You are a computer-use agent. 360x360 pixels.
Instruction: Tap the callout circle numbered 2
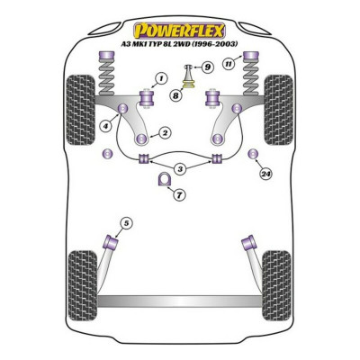pyautogui.click(x=164, y=134)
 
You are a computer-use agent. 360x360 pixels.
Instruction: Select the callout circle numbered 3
pyautogui.click(x=181, y=168)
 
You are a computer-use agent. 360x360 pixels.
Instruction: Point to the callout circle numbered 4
pyautogui.click(x=107, y=126)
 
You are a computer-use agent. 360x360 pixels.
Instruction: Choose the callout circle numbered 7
pyautogui.click(x=180, y=194)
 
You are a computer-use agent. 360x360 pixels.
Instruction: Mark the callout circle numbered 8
pyautogui.click(x=175, y=94)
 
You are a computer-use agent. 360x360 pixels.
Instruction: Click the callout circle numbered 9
pyautogui.click(x=206, y=66)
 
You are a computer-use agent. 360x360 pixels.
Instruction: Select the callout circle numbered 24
pyautogui.click(x=265, y=174)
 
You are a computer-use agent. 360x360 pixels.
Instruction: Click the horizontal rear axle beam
pyautogui.click(x=180, y=299)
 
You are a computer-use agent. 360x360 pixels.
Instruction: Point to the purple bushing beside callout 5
pyautogui.click(x=113, y=242)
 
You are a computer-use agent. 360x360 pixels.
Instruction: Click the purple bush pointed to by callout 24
pyautogui.click(x=253, y=149)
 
